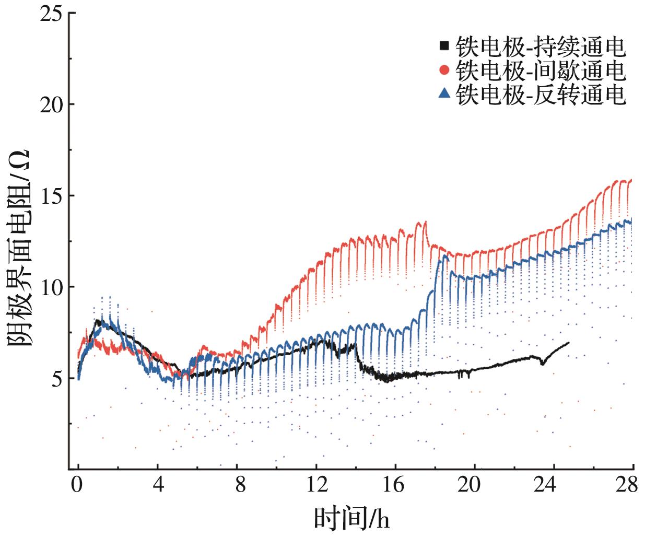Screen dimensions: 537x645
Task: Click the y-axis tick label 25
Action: click(51, 13)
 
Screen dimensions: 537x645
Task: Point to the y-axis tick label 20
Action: click(51, 104)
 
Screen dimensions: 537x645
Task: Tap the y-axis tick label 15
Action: click(51, 196)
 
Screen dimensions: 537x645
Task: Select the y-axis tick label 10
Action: click(51, 287)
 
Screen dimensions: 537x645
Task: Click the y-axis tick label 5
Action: click(56, 379)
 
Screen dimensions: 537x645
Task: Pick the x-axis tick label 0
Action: click(78, 485)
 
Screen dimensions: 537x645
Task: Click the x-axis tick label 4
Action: click(158, 485)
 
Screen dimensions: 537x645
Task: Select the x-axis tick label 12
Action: click(316, 485)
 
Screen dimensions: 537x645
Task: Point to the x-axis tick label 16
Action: click(395, 485)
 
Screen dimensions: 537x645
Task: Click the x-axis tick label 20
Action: click(475, 485)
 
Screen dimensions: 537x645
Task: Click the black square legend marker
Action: click(444, 45)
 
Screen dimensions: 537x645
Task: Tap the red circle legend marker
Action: click(444, 69)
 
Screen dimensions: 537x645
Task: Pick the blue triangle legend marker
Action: click(444, 93)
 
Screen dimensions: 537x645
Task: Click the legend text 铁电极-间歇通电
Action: click(540, 70)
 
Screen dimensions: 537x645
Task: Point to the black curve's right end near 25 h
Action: click(568, 343)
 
